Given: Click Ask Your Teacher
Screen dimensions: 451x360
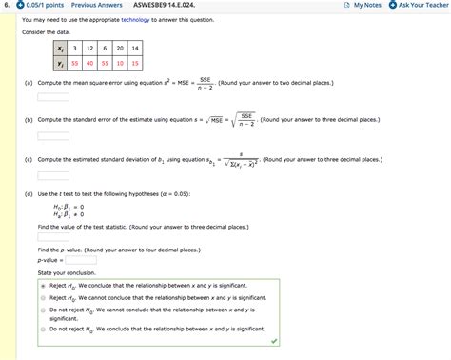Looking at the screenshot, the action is click(419, 6).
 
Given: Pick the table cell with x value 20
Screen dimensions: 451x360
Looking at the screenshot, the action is click(120, 48).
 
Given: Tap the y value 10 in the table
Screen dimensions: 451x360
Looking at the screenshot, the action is click(120, 63).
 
